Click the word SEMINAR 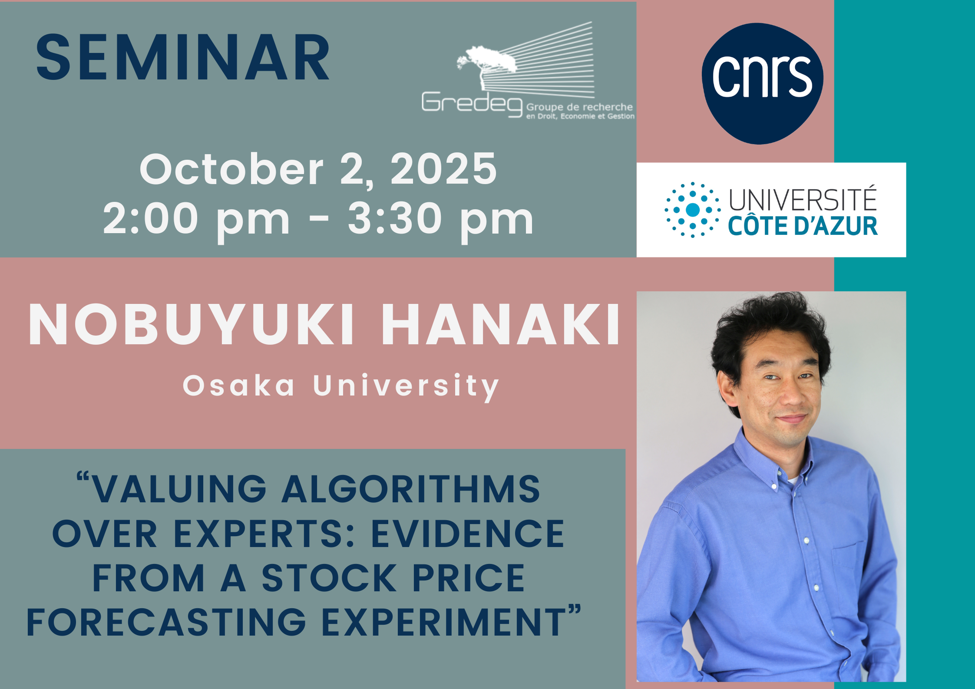click(182, 57)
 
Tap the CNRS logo click(763, 83)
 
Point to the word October click(231, 169)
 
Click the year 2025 click(443, 169)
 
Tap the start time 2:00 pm click(196, 219)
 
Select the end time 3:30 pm click(440, 219)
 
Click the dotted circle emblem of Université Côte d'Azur click(692, 210)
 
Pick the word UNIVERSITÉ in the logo click(803, 199)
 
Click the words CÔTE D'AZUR click(803, 226)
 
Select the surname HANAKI click(501, 325)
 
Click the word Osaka click(238, 386)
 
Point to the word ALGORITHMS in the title click(411, 489)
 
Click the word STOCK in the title click(329, 578)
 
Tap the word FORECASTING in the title click(167, 623)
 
